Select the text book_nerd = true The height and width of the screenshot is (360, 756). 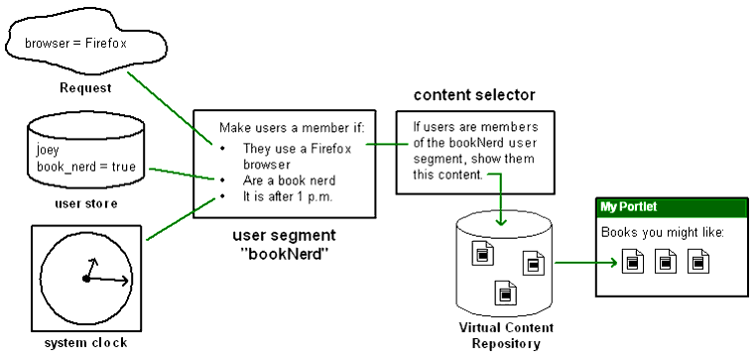coord(79,168)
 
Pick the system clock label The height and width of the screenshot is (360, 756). coord(86,343)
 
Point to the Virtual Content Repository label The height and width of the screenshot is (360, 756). coord(506,335)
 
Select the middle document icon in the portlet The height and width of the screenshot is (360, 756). coord(665,263)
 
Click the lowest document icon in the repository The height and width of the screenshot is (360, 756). coord(504,294)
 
